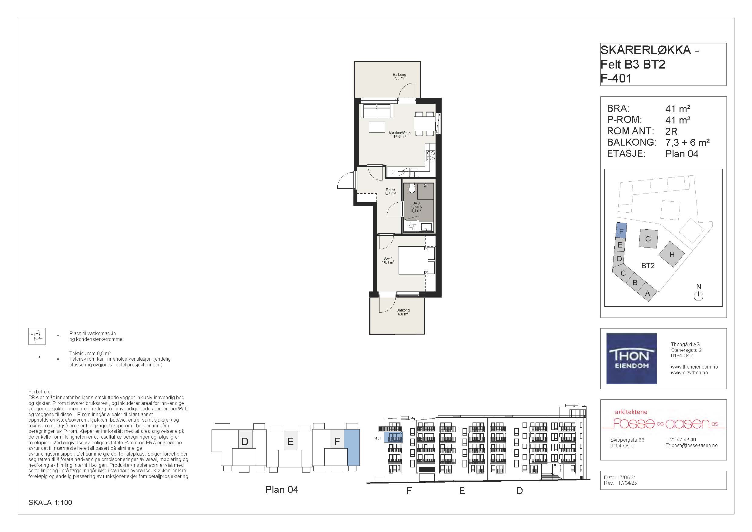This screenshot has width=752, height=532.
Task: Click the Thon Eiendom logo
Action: (x=631, y=359)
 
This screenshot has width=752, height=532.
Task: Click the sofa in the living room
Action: (x=376, y=111)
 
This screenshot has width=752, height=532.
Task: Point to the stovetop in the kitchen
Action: (x=431, y=156)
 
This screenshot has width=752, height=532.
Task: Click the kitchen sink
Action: (x=414, y=172)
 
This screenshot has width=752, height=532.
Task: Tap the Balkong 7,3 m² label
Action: (x=399, y=76)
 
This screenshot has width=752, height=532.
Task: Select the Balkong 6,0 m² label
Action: (x=403, y=312)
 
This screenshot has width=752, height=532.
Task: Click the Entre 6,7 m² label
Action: (x=390, y=192)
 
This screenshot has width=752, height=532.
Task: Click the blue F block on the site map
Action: (x=621, y=230)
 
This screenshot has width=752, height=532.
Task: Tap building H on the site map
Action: (x=671, y=254)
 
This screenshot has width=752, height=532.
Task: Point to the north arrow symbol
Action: (x=698, y=296)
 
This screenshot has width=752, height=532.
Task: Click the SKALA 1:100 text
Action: (x=50, y=503)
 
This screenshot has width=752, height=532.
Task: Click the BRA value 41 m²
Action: (x=678, y=109)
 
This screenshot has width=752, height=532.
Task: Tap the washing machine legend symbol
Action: (x=37, y=336)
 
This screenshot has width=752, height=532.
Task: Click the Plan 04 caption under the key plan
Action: (x=282, y=490)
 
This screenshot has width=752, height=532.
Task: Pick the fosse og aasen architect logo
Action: (x=663, y=421)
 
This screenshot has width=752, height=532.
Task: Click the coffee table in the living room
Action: (x=377, y=127)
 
